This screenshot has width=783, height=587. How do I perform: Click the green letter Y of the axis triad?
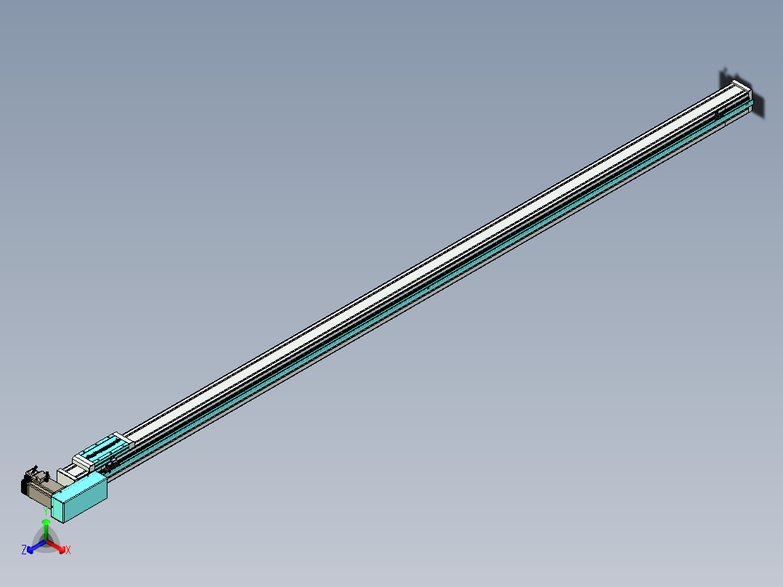pyautogui.click(x=45, y=511)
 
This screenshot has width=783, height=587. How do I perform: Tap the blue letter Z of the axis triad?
pyautogui.click(x=24, y=550)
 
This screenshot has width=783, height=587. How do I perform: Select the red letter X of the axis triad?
pyautogui.click(x=68, y=550)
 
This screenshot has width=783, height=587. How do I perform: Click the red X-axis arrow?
pyautogui.click(x=57, y=546)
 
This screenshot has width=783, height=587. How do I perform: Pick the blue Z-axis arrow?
pyautogui.click(x=35, y=546)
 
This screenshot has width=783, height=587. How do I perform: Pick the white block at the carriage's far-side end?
pyautogui.click(x=121, y=438)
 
